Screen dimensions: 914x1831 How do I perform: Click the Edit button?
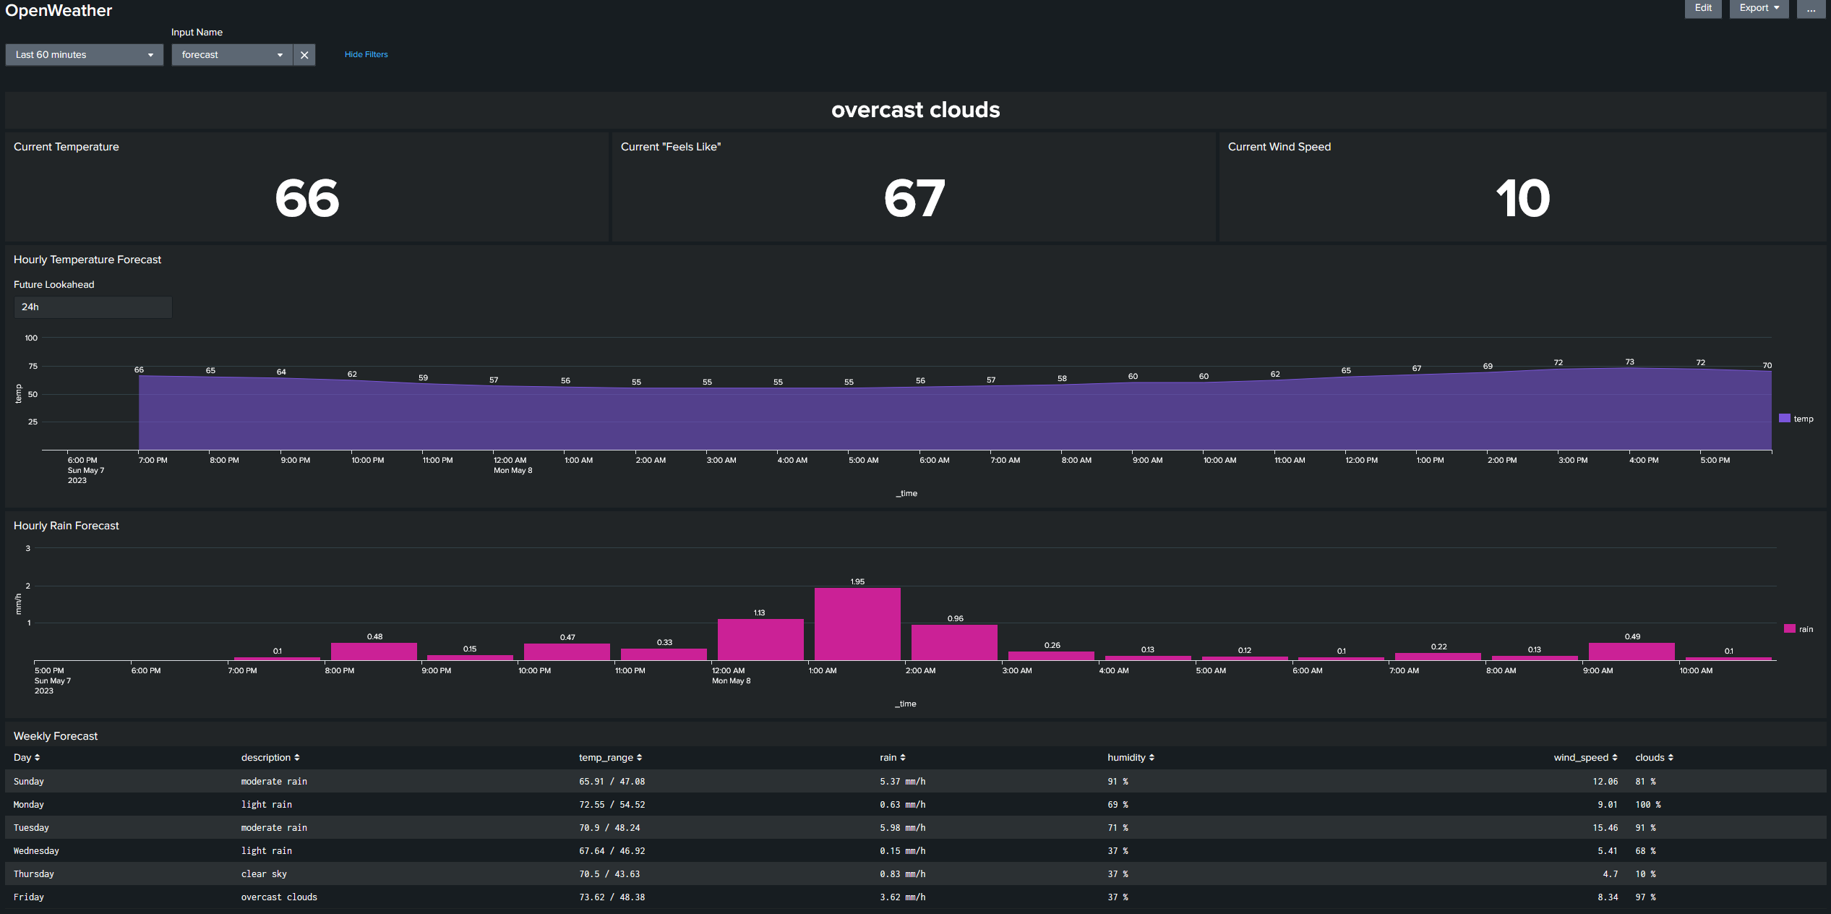[1702, 8]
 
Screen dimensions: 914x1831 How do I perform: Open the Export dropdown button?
[1758, 8]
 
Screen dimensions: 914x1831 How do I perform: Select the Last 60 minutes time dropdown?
[84, 55]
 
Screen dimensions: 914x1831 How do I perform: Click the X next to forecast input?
[304, 55]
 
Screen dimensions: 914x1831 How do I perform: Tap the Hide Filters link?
[366, 54]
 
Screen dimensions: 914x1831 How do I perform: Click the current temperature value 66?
[306, 198]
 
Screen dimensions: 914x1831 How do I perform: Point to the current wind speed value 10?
[1522, 198]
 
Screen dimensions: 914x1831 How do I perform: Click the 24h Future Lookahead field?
[93, 307]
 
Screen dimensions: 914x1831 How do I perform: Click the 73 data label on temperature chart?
[1629, 362]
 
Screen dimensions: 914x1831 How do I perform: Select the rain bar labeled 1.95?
[857, 623]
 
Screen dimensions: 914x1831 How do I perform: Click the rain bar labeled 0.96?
[954, 642]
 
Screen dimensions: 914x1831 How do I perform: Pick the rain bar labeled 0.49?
[1631, 651]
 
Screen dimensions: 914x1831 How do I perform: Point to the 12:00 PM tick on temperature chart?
[1361, 460]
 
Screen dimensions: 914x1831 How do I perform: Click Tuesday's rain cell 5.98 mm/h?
[902, 828]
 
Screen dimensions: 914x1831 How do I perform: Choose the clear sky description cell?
[264, 874]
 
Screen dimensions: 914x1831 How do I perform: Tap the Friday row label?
[29, 897]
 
